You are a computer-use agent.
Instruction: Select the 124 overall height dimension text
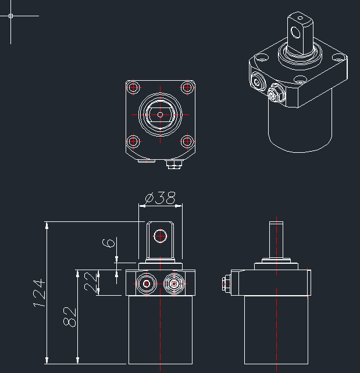(38, 292)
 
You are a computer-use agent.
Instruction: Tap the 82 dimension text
(70, 316)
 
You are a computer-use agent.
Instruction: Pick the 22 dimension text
(91, 282)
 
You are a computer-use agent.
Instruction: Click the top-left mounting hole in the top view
(134, 88)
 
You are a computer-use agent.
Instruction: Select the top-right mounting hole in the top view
(187, 88)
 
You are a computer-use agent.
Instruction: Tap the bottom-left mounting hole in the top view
(134, 141)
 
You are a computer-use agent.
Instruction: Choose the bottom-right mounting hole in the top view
(187, 141)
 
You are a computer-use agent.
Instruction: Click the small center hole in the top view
(161, 114)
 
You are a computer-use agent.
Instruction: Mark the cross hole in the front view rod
(160, 235)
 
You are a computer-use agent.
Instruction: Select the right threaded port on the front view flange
(173, 284)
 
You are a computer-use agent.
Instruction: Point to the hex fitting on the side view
(226, 284)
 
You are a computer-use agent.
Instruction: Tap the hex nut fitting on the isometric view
(276, 93)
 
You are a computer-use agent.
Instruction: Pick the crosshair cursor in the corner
(11, 16)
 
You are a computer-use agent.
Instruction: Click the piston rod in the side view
(276, 240)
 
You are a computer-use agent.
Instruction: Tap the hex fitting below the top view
(173, 165)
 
